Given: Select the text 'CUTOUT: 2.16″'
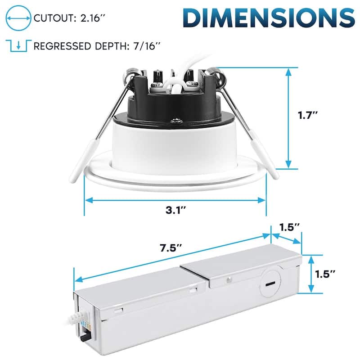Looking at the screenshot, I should pyautogui.click(x=67, y=18).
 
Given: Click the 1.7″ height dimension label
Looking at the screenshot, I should pyautogui.click(x=309, y=115).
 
